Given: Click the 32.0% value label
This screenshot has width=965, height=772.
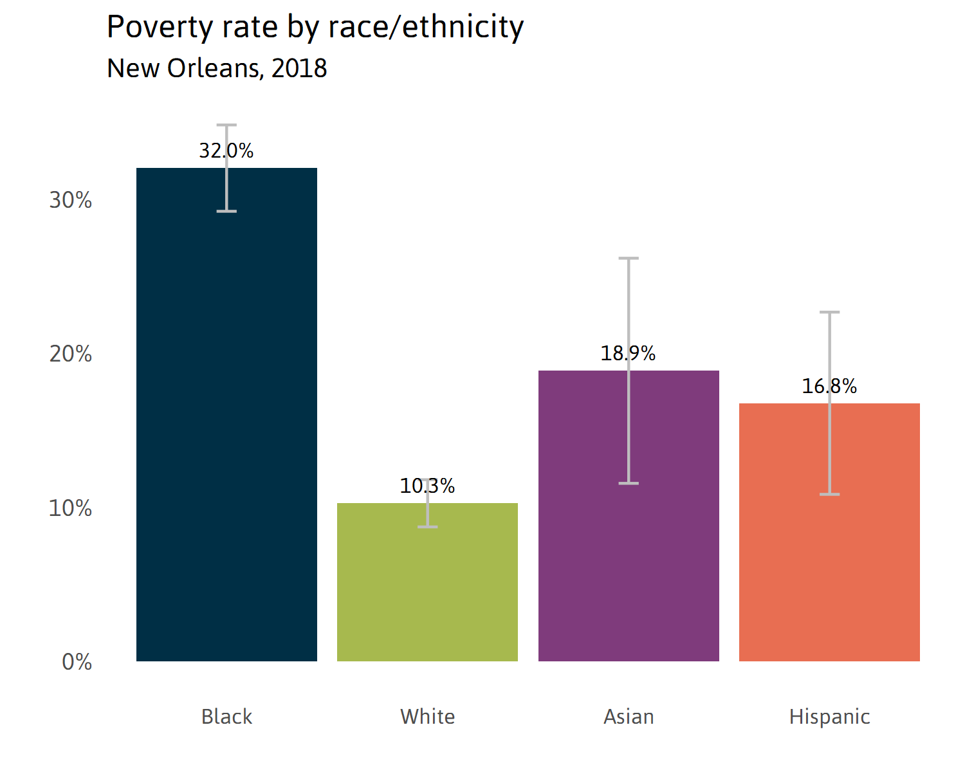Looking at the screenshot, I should (x=226, y=151).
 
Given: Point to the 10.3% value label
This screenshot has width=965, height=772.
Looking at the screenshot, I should (x=427, y=486).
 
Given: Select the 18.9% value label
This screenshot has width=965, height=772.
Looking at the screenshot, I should (x=628, y=353).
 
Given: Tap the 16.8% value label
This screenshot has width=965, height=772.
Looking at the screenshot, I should (x=829, y=386).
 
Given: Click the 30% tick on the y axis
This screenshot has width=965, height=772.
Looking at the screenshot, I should (x=71, y=200).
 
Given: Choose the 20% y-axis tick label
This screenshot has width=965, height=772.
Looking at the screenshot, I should (x=71, y=354).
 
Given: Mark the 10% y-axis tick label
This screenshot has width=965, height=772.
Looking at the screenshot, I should (x=71, y=508).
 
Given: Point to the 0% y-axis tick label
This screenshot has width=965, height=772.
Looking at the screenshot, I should (x=77, y=662).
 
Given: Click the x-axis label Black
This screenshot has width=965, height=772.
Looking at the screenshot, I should (x=226, y=717).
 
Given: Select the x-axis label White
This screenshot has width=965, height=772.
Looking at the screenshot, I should (x=427, y=717).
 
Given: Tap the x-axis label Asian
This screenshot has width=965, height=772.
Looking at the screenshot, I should (x=629, y=717).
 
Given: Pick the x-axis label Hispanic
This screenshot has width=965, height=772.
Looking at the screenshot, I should (x=829, y=717).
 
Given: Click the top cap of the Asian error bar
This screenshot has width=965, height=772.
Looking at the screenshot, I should (x=629, y=258).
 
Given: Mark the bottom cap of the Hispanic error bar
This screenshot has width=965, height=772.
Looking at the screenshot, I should (x=829, y=494).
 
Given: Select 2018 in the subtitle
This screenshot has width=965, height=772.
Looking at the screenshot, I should (x=299, y=68).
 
